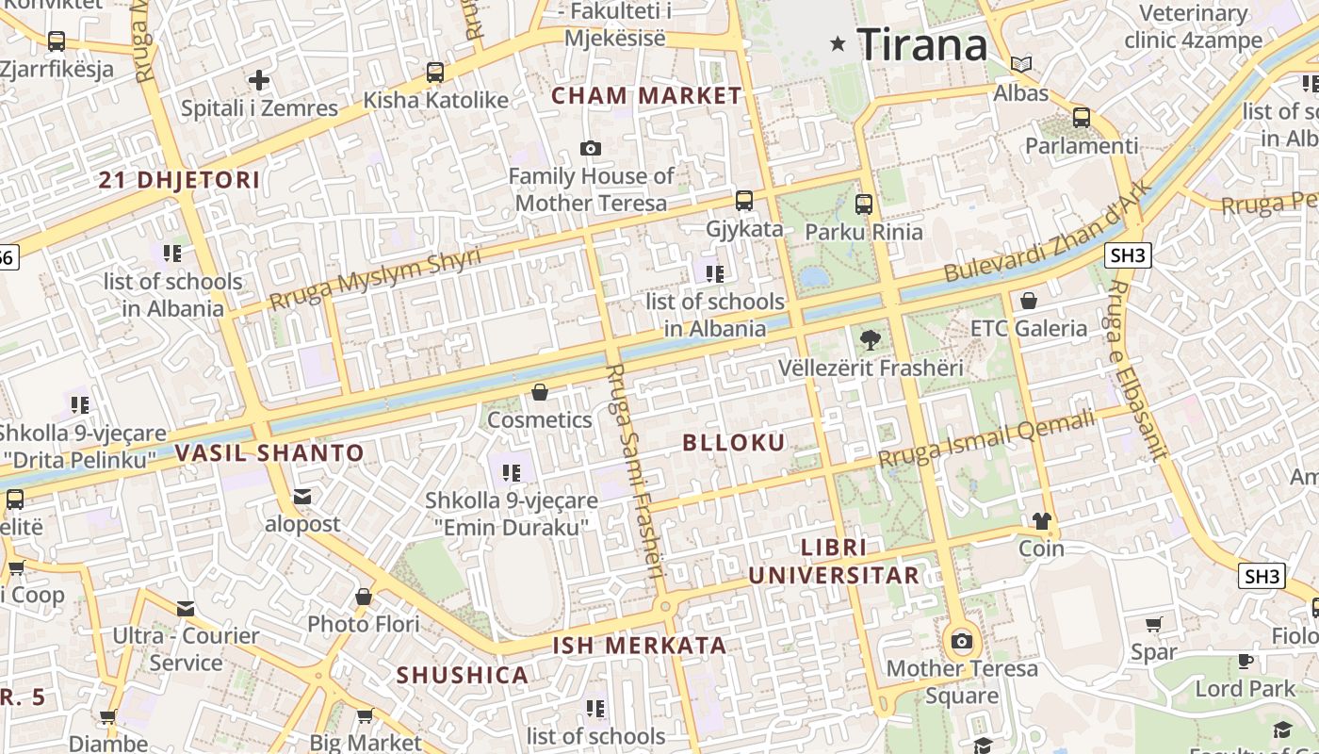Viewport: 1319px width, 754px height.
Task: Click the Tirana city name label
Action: tap(921, 44)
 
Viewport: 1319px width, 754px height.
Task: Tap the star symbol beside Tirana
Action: tap(838, 43)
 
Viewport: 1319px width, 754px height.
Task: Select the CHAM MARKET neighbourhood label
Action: tap(646, 95)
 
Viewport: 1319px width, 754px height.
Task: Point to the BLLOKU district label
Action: tap(734, 443)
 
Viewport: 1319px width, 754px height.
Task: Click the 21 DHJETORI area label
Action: tap(179, 180)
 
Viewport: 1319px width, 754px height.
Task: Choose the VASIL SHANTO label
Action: tap(269, 453)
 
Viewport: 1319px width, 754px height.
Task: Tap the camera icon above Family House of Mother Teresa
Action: tap(591, 148)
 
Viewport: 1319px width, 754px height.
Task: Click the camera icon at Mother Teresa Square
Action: tap(961, 642)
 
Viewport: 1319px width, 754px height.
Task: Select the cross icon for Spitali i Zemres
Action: tap(259, 80)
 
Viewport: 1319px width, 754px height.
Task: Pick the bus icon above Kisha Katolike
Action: tap(435, 72)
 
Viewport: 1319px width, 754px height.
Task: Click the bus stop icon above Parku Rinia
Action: tap(864, 204)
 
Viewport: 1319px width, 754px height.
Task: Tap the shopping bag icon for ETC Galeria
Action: tap(1029, 301)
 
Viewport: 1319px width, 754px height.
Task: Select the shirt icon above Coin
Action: tap(1041, 520)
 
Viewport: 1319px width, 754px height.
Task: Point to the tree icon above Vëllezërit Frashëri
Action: tap(870, 340)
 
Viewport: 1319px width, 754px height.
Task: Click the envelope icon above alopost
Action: tap(302, 496)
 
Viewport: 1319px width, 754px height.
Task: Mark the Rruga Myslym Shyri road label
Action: tap(374, 278)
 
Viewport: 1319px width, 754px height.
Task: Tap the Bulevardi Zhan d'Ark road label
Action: tap(1048, 231)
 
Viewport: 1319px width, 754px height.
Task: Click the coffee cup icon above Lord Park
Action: tap(1246, 661)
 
